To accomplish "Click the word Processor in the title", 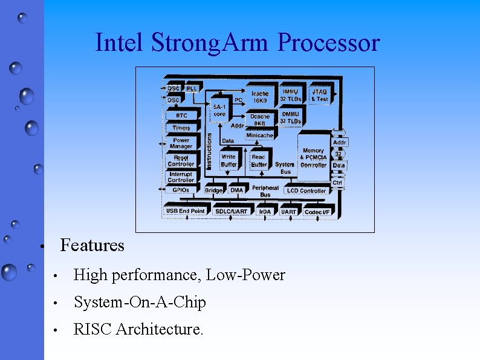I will click(329, 43).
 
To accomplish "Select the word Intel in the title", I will click(120, 43).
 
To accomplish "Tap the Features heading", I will click(92, 246).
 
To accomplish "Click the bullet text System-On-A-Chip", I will click(140, 302).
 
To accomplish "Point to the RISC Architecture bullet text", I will click(138, 329).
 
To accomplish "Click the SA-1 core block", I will click(219, 110).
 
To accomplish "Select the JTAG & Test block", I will click(320, 95).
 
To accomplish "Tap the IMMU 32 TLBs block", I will click(290, 95).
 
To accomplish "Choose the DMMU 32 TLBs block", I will click(290, 117).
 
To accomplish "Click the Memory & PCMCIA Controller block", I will click(313, 158).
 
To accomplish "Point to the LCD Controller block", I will click(306, 191).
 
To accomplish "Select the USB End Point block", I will click(185, 211).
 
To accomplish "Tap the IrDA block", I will click(265, 212).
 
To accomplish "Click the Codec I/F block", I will click(317, 212).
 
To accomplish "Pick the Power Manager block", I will click(181, 143).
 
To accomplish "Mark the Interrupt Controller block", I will click(181, 177).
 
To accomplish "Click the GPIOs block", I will click(181, 190).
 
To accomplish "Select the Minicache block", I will click(259, 136).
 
